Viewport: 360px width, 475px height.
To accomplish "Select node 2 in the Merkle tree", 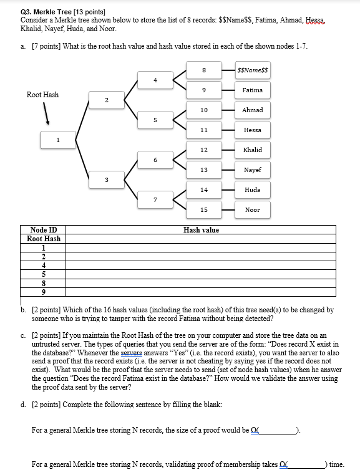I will coord(106,100).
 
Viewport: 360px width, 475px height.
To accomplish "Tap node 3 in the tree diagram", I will coord(106,180).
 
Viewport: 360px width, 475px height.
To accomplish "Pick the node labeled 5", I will coord(155,120).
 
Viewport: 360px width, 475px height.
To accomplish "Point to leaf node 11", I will coord(203,130).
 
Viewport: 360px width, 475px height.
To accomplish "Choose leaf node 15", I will coord(203,210).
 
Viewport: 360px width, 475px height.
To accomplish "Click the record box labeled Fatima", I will coord(253,90).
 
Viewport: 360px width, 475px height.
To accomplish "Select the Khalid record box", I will coord(253,150).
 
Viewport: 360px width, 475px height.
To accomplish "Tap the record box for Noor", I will coord(253,210).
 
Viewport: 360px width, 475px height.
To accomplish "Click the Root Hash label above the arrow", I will coord(42,95).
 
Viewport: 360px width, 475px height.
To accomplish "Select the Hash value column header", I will coord(201,230).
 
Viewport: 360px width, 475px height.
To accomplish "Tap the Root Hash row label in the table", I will coord(44,239).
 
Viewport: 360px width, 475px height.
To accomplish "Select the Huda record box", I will coord(253,190).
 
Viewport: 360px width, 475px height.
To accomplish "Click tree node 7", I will coord(155,200).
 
